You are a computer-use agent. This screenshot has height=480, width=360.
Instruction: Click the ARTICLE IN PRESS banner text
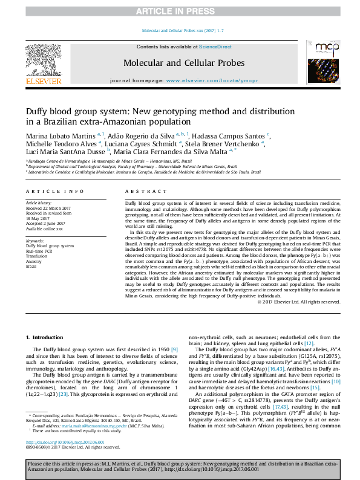pyautogui.click(x=180, y=11)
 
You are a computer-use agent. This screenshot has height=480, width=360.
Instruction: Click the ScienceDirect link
pyautogui.click(x=216, y=47)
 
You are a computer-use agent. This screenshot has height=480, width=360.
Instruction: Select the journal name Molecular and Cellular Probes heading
pyautogui.click(x=184, y=62)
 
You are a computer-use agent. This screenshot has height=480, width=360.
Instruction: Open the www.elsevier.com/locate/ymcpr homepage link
pyautogui.click(x=205, y=80)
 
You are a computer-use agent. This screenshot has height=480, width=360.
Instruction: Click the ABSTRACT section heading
pyautogui.click(x=138, y=191)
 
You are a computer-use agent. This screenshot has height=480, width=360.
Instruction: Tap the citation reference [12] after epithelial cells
pyautogui.click(x=309, y=343)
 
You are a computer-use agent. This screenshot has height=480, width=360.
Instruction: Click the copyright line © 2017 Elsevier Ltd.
pyautogui.click(x=299, y=302)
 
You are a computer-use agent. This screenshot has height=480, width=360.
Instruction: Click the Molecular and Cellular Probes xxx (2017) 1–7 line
pyautogui.click(x=182, y=30)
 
